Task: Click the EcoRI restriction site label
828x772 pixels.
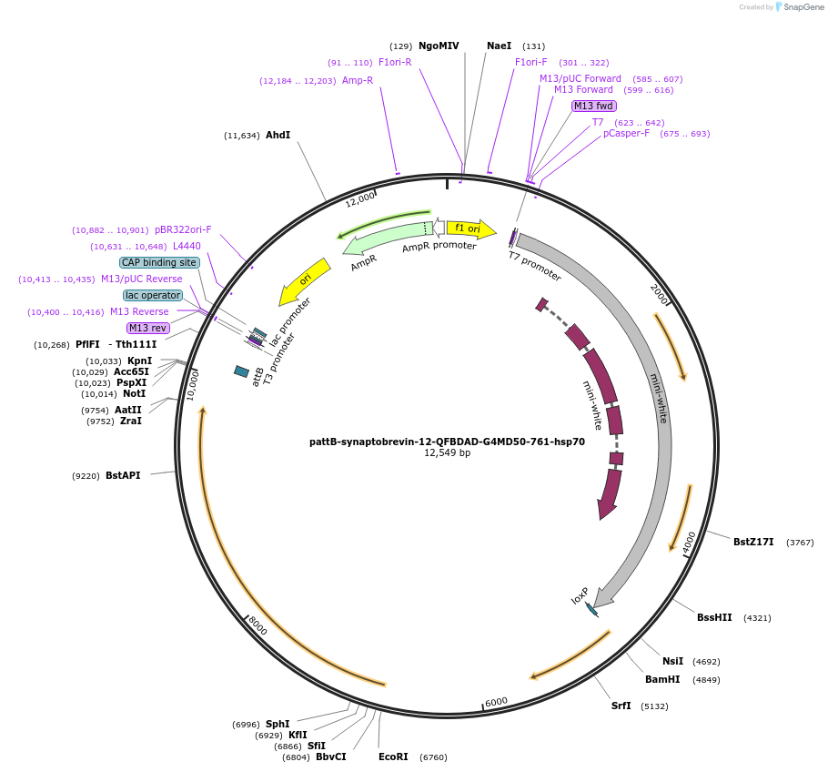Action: (x=393, y=757)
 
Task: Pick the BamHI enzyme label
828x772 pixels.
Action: (x=662, y=679)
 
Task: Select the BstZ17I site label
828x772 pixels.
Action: (x=753, y=542)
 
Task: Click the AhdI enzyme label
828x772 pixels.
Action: (x=278, y=135)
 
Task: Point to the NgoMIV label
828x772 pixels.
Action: (x=439, y=46)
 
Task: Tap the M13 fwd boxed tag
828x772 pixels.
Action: (x=593, y=106)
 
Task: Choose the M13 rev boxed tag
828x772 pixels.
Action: (x=147, y=328)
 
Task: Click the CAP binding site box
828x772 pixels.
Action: (x=159, y=262)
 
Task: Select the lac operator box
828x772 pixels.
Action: (x=153, y=295)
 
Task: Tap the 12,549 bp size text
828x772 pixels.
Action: (x=447, y=453)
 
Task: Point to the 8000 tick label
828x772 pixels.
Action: (x=257, y=626)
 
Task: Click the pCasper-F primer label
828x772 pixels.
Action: (x=626, y=134)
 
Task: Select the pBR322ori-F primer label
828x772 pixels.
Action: (x=183, y=229)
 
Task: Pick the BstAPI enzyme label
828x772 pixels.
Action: (x=123, y=475)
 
